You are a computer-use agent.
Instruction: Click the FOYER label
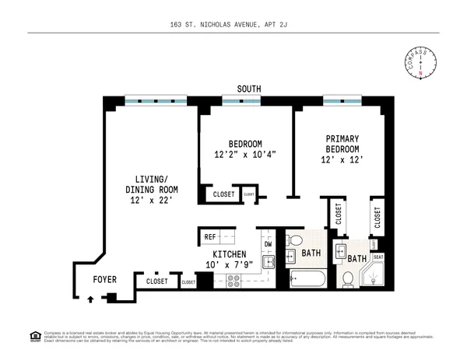point(105,278)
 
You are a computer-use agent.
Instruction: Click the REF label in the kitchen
point(209,236)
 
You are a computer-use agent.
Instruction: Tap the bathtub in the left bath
point(307,278)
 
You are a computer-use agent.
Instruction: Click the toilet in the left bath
point(290,253)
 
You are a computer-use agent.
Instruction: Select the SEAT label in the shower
point(379,257)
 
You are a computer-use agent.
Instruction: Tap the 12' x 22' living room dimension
point(152,201)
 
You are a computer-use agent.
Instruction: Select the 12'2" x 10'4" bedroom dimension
point(245,154)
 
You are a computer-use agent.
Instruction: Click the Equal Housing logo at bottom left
point(34,336)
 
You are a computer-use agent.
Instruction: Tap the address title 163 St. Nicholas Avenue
point(233,25)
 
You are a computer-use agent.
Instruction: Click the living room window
point(156,100)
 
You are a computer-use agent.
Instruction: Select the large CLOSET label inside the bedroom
point(224,194)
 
